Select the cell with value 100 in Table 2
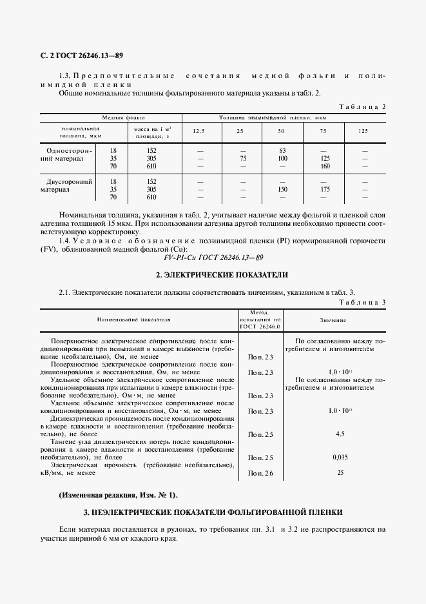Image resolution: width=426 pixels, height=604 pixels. pyautogui.click(x=282, y=157)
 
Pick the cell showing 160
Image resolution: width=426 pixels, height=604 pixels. pyautogui.click(x=324, y=166)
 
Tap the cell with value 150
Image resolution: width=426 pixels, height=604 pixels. pyautogui.click(x=282, y=190)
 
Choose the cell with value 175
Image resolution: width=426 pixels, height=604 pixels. pyautogui.click(x=324, y=190)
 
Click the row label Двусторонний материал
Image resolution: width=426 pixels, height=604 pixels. pyautogui.click(x=67, y=186)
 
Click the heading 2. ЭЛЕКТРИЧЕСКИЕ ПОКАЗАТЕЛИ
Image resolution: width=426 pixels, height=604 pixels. pyautogui.click(x=213, y=275)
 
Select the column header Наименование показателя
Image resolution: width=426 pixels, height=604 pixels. pyautogui.click(x=134, y=319)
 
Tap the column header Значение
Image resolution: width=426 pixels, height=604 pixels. pyautogui.click(x=333, y=319)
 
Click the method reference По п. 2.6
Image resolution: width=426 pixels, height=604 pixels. pyautogui.click(x=260, y=474)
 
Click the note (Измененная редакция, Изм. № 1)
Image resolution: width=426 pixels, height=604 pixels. pyautogui.click(x=118, y=495)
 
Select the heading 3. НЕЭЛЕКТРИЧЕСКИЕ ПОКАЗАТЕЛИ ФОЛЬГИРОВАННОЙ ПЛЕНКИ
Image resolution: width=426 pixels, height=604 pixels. pyautogui.click(x=213, y=512)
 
